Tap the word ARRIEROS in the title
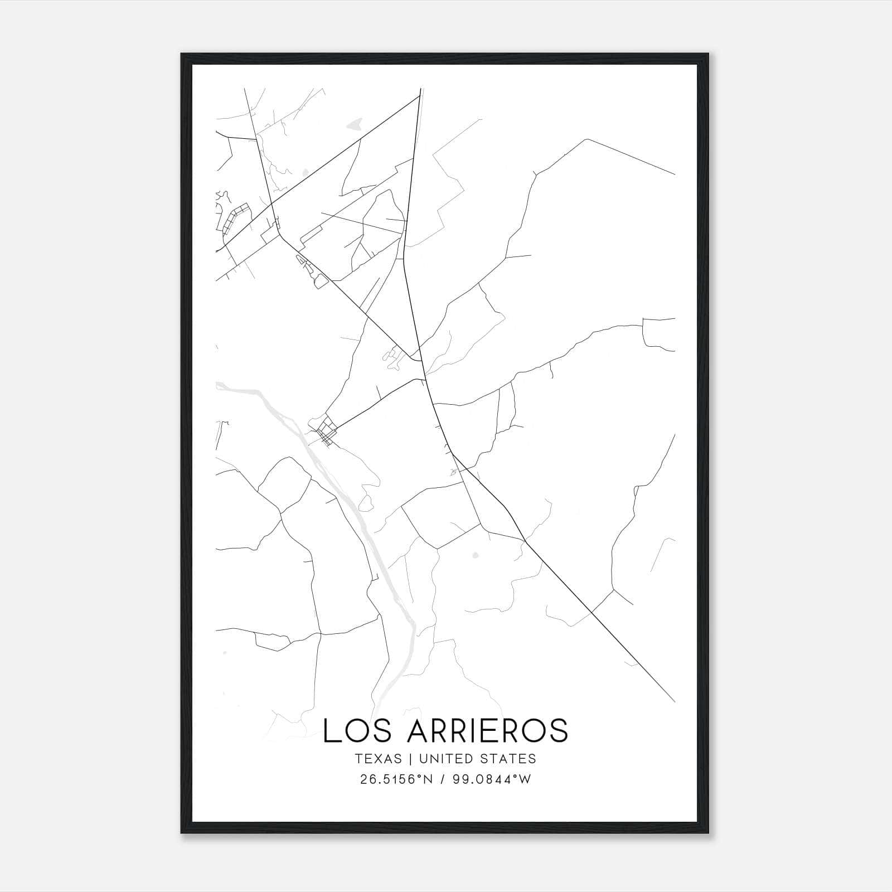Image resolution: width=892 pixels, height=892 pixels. click(x=487, y=730)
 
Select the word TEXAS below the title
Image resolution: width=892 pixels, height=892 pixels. click(x=378, y=759)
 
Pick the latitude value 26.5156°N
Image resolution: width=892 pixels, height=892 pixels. click(x=396, y=779)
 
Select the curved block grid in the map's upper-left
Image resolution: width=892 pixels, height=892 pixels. click(x=234, y=219)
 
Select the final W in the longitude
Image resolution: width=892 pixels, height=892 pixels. click(x=525, y=779)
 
